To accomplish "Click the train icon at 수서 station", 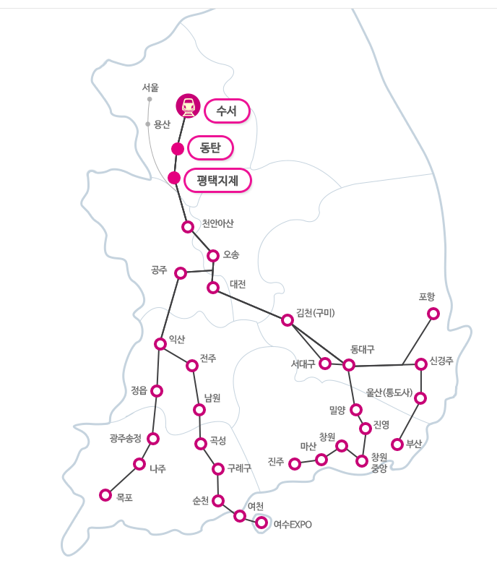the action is coord(188,106).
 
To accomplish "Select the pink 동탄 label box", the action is coord(210,148).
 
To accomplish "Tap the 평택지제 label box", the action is coord(217,179).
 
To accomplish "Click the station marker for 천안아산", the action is coord(188,227).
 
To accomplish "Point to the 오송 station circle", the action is coord(213,255).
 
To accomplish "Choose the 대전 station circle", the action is coord(213,288).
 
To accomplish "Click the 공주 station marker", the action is coord(181,273).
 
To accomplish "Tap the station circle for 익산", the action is coord(160,344).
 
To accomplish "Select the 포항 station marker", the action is coord(433,314).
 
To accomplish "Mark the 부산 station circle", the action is coord(397,444).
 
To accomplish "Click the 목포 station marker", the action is coord(105,495).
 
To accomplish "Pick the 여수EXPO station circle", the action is coord(262,523).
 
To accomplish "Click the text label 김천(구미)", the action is coord(316,312).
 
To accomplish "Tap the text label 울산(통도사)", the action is coord(389,393).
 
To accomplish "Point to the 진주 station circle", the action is coord(295,464).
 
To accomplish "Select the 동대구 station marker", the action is coord(349,365).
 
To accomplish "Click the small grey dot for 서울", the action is coord(150,99).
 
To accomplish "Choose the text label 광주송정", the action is coord(126,439).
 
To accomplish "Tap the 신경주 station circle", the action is coord(421,364).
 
